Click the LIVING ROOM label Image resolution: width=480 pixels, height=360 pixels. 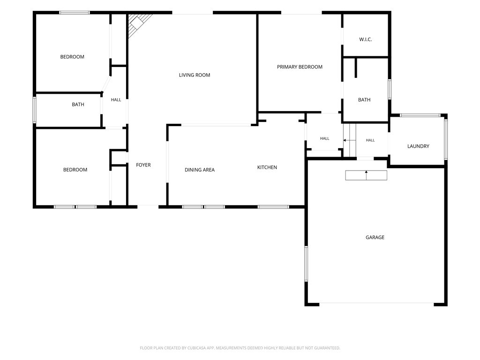pyautogui.click(x=195, y=75)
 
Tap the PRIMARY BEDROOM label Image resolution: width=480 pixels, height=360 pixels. pyautogui.click(x=300, y=67)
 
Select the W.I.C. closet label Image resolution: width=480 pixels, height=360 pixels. pyautogui.click(x=366, y=39)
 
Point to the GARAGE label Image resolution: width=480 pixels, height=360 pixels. pyautogui.click(x=375, y=237)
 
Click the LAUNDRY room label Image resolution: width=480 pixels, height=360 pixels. pyautogui.click(x=418, y=146)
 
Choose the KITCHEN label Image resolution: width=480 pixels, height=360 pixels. pyautogui.click(x=267, y=167)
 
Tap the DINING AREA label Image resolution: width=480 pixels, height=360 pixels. pyautogui.click(x=200, y=170)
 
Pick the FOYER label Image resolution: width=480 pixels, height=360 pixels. pyautogui.click(x=143, y=165)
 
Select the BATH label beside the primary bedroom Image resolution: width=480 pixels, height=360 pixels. pyautogui.click(x=364, y=100)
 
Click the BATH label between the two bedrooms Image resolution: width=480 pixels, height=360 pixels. pyautogui.click(x=78, y=105)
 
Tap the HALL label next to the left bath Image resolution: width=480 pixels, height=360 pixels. pyautogui.click(x=116, y=100)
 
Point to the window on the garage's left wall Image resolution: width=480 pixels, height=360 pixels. pyautogui.click(x=306, y=263)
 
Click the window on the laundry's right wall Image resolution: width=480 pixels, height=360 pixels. pyautogui.click(x=446, y=139)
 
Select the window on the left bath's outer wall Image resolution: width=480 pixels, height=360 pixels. pyautogui.click(x=34, y=110)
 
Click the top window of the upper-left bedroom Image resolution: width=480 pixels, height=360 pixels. pyautogui.click(x=75, y=13)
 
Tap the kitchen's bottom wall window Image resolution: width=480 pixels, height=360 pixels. pyautogui.click(x=273, y=207)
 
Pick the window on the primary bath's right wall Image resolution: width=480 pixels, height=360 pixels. pyautogui.click(x=390, y=90)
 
